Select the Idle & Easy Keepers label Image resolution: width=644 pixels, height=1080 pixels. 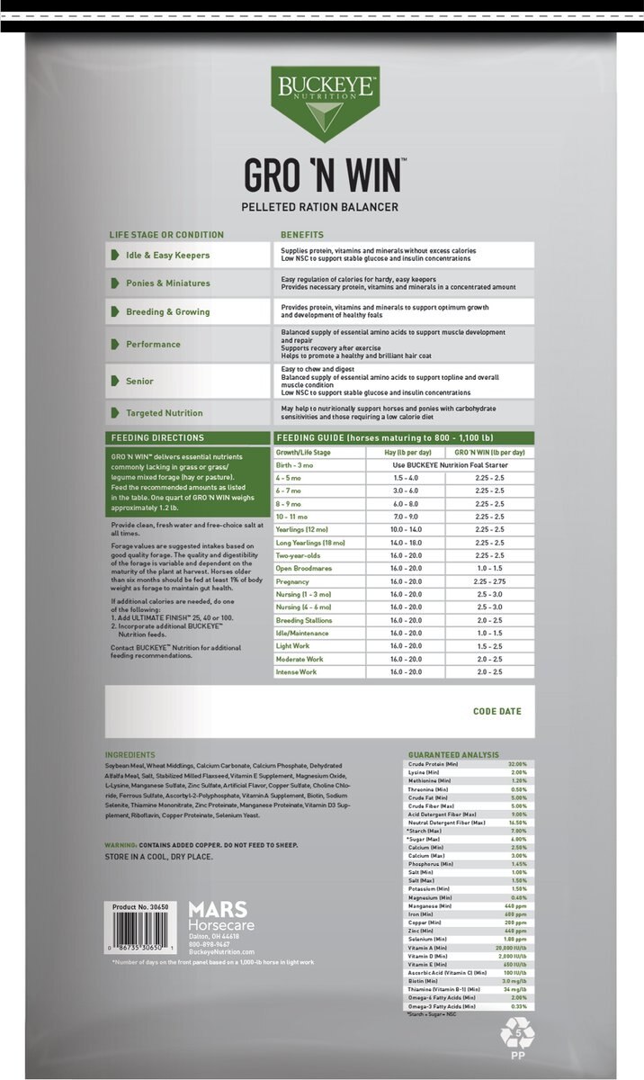click(167, 256)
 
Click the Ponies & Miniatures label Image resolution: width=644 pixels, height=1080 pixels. click(168, 283)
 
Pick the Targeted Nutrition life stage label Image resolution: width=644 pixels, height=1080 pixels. click(165, 413)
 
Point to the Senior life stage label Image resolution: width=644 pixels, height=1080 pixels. click(139, 382)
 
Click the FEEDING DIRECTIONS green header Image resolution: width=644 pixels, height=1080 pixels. click(157, 438)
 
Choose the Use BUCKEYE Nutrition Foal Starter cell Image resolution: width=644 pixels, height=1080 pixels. click(446, 464)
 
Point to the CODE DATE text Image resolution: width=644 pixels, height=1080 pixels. click(496, 711)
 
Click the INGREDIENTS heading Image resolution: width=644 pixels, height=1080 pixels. click(130, 755)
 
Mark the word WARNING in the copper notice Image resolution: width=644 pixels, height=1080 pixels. click(120, 846)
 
